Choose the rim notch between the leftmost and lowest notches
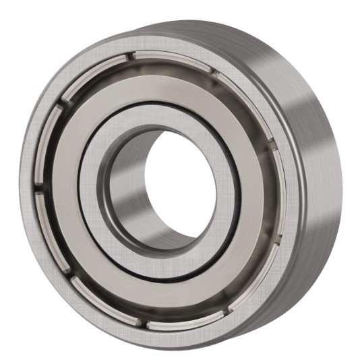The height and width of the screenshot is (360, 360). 71,272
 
